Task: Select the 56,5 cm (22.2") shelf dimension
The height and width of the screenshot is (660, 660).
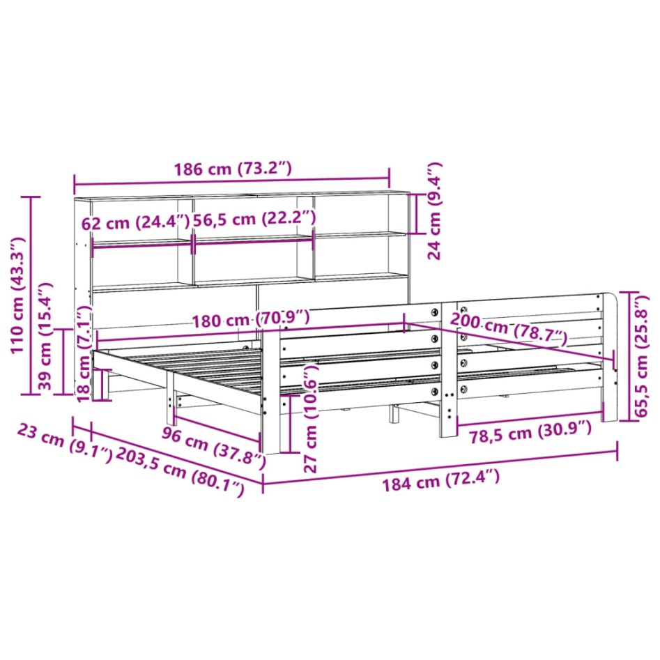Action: (x=254, y=218)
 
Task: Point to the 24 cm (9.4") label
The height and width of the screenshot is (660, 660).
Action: (x=434, y=210)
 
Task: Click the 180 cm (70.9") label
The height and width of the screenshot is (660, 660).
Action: (x=251, y=320)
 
